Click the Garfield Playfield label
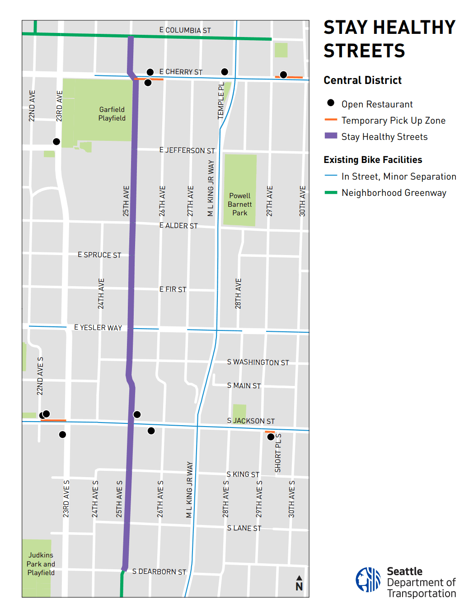click(112, 114)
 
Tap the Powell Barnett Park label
click(239, 204)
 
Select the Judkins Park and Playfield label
click(41, 564)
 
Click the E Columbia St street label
click(185, 30)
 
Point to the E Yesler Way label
click(98, 328)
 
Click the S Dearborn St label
click(159, 571)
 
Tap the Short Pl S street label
click(278, 453)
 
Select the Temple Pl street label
click(221, 101)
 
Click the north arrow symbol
click(299, 583)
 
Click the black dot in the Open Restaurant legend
click(331, 103)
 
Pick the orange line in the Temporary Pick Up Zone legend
click(331, 120)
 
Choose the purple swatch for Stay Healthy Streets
click(331, 136)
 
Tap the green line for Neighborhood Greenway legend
click(331, 193)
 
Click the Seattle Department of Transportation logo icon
click(368, 580)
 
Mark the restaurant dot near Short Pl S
click(271, 437)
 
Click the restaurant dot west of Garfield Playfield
click(56, 142)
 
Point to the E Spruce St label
click(99, 255)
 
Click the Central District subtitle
click(362, 80)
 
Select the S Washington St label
click(258, 362)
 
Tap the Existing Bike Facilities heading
click(373, 160)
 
